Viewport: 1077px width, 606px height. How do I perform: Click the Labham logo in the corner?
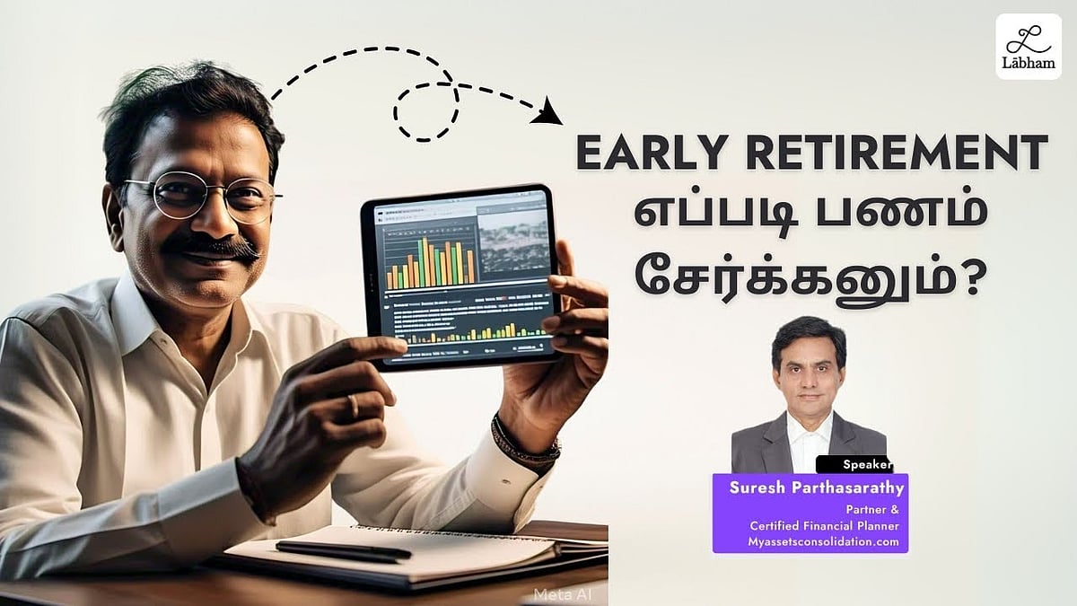pos(1029,47)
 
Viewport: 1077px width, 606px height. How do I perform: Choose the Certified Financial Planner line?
pos(825,526)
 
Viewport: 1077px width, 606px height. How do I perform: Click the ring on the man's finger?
pos(353,407)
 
